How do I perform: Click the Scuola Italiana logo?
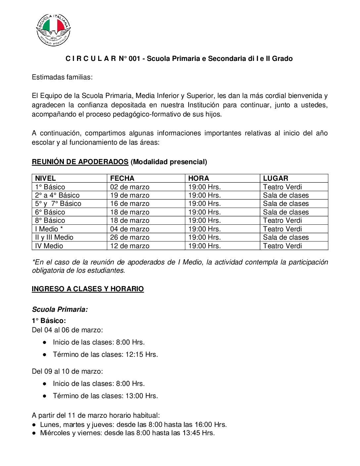coord(53,30)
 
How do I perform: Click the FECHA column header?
coord(122,178)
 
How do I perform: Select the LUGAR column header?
coord(275,178)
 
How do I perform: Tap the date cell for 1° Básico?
coord(130,187)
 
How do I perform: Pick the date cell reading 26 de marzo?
coord(130,237)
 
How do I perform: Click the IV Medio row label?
coord(49,246)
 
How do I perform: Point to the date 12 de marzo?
coord(130,246)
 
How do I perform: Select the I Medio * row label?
coord(49,229)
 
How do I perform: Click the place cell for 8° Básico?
coord(282,220)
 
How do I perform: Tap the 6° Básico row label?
coord(50,212)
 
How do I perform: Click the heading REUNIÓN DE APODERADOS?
coord(80,162)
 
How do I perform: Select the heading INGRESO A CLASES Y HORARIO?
coord(88,289)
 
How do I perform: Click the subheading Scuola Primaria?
coord(60,309)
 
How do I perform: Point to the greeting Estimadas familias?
coord(62,77)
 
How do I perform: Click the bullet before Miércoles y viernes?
coord(34,433)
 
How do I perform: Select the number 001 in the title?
coord(134,59)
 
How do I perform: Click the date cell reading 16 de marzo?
coord(130,204)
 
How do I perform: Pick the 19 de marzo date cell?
coord(130,195)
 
